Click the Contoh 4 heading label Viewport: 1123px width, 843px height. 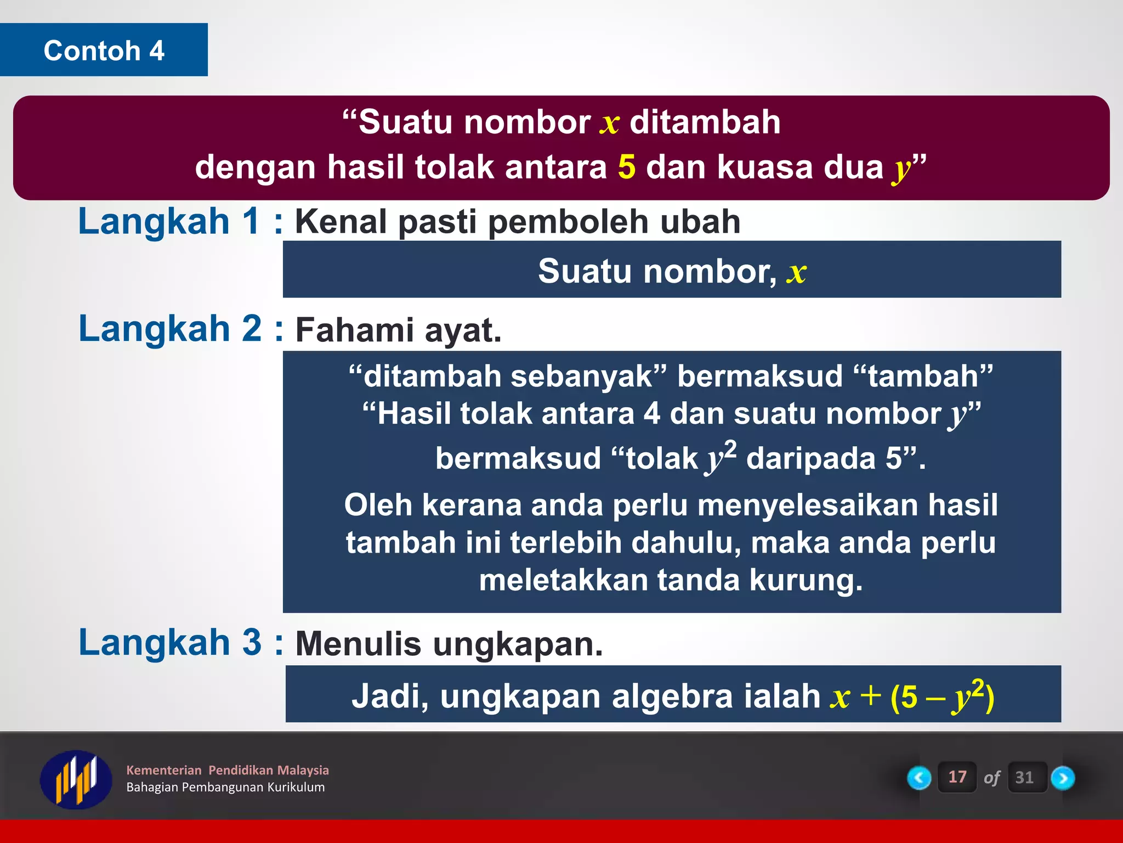click(104, 50)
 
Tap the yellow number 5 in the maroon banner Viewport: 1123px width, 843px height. click(626, 167)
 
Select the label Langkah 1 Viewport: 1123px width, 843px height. click(169, 222)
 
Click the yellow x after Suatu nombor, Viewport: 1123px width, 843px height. click(796, 273)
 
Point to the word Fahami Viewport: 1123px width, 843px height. click(354, 330)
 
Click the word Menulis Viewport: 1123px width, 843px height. click(358, 644)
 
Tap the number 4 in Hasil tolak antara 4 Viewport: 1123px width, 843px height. click(651, 413)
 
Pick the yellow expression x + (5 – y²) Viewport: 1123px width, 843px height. click(911, 696)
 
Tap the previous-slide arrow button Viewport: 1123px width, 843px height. click(919, 778)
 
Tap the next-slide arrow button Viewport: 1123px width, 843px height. click(1063, 778)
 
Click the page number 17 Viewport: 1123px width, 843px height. click(957, 777)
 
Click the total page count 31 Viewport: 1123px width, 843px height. click(1024, 778)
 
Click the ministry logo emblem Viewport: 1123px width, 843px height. click(76, 779)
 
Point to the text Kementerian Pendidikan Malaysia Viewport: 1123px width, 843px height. click(227, 770)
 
